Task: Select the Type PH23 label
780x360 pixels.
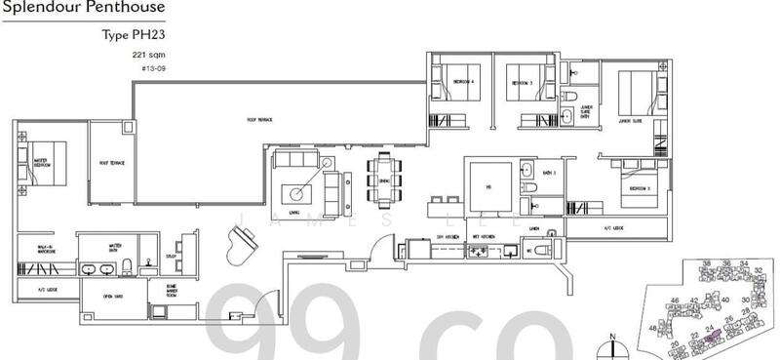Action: click(x=133, y=36)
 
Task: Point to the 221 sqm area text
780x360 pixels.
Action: click(x=146, y=56)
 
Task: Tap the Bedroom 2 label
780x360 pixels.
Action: click(x=640, y=186)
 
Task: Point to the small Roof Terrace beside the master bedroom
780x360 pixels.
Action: click(x=108, y=163)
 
